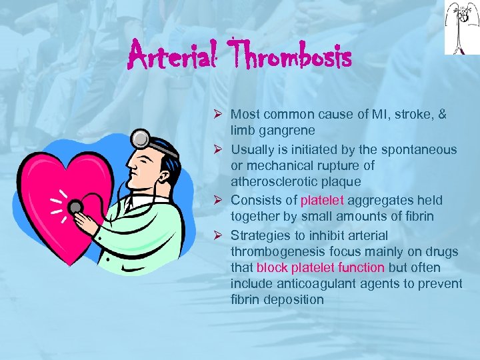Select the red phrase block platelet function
(321, 268)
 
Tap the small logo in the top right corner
(461, 27)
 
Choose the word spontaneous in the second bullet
(425, 149)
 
